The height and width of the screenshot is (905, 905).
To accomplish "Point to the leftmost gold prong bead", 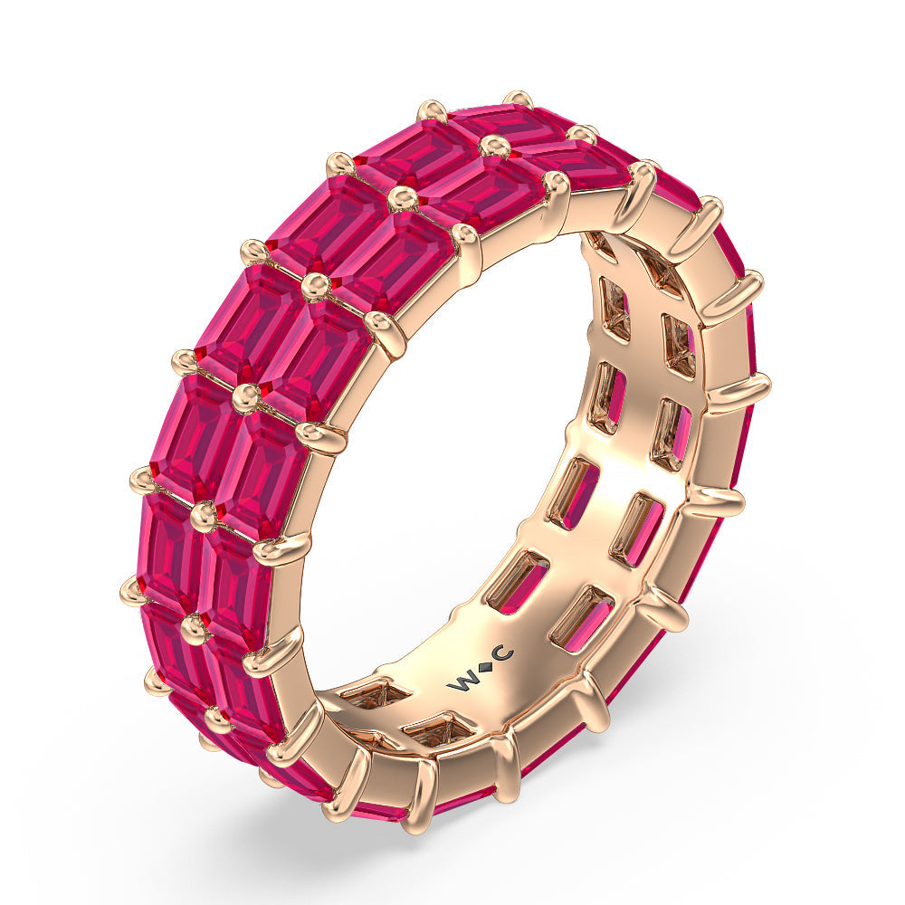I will point(132,591).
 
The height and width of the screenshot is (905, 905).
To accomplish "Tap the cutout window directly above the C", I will point(518,578).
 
